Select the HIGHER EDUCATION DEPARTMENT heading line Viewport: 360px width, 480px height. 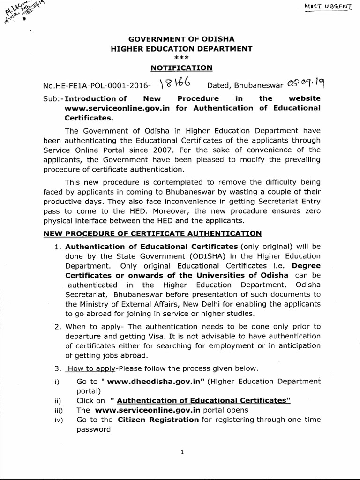[181, 48]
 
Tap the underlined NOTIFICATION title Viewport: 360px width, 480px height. [181, 68]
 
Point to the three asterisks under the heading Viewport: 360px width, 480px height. [181, 58]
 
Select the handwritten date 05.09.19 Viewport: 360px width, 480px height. [304, 85]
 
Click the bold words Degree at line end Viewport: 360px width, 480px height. [306, 265]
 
